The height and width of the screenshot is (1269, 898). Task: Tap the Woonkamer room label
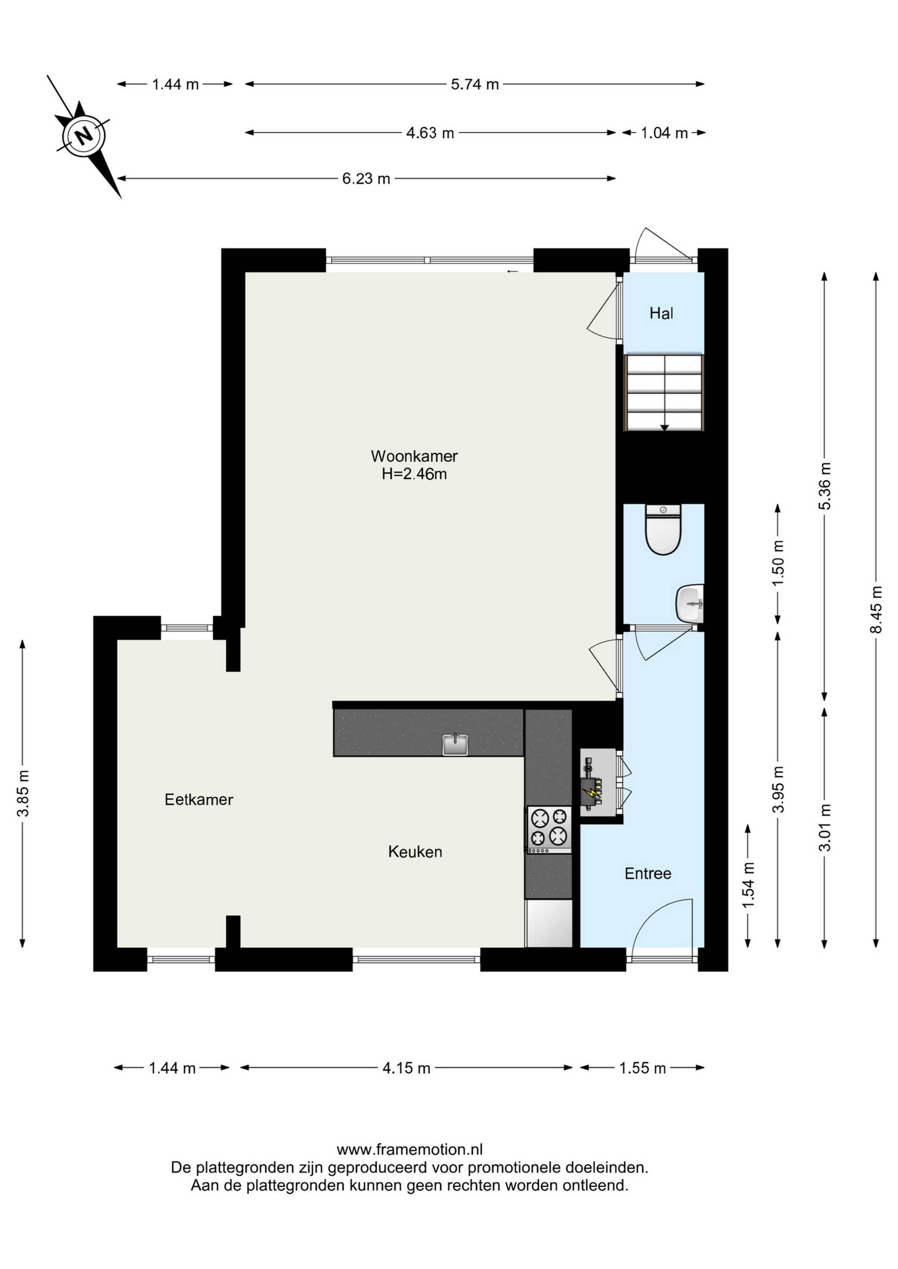click(x=414, y=456)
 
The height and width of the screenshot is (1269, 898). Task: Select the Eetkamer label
click(x=199, y=799)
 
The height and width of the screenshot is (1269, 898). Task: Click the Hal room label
click(x=661, y=313)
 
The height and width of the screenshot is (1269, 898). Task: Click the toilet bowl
click(x=664, y=529)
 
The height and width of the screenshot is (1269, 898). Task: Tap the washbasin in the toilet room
click(x=689, y=604)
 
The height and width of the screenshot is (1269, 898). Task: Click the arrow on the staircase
click(x=665, y=427)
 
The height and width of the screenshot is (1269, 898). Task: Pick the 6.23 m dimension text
click(x=366, y=179)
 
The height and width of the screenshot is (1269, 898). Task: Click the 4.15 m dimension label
click(x=406, y=1068)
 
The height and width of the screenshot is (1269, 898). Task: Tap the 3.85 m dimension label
click(x=22, y=793)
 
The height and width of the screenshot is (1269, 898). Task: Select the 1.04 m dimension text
click(x=664, y=133)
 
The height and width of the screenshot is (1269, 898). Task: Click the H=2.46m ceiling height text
click(x=414, y=474)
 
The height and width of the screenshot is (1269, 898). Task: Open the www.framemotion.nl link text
click(x=410, y=1150)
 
